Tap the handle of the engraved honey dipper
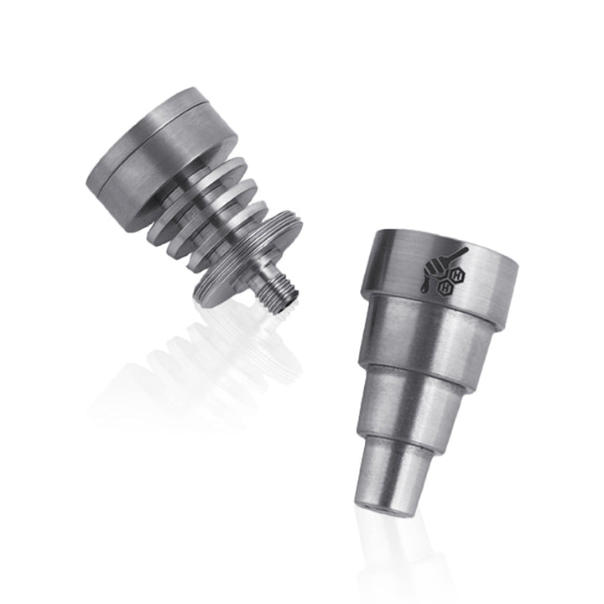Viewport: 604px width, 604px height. point(452,253)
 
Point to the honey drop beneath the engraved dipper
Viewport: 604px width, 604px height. point(424,288)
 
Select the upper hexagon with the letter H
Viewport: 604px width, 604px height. point(457,274)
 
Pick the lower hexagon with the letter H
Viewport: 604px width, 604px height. point(447,287)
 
